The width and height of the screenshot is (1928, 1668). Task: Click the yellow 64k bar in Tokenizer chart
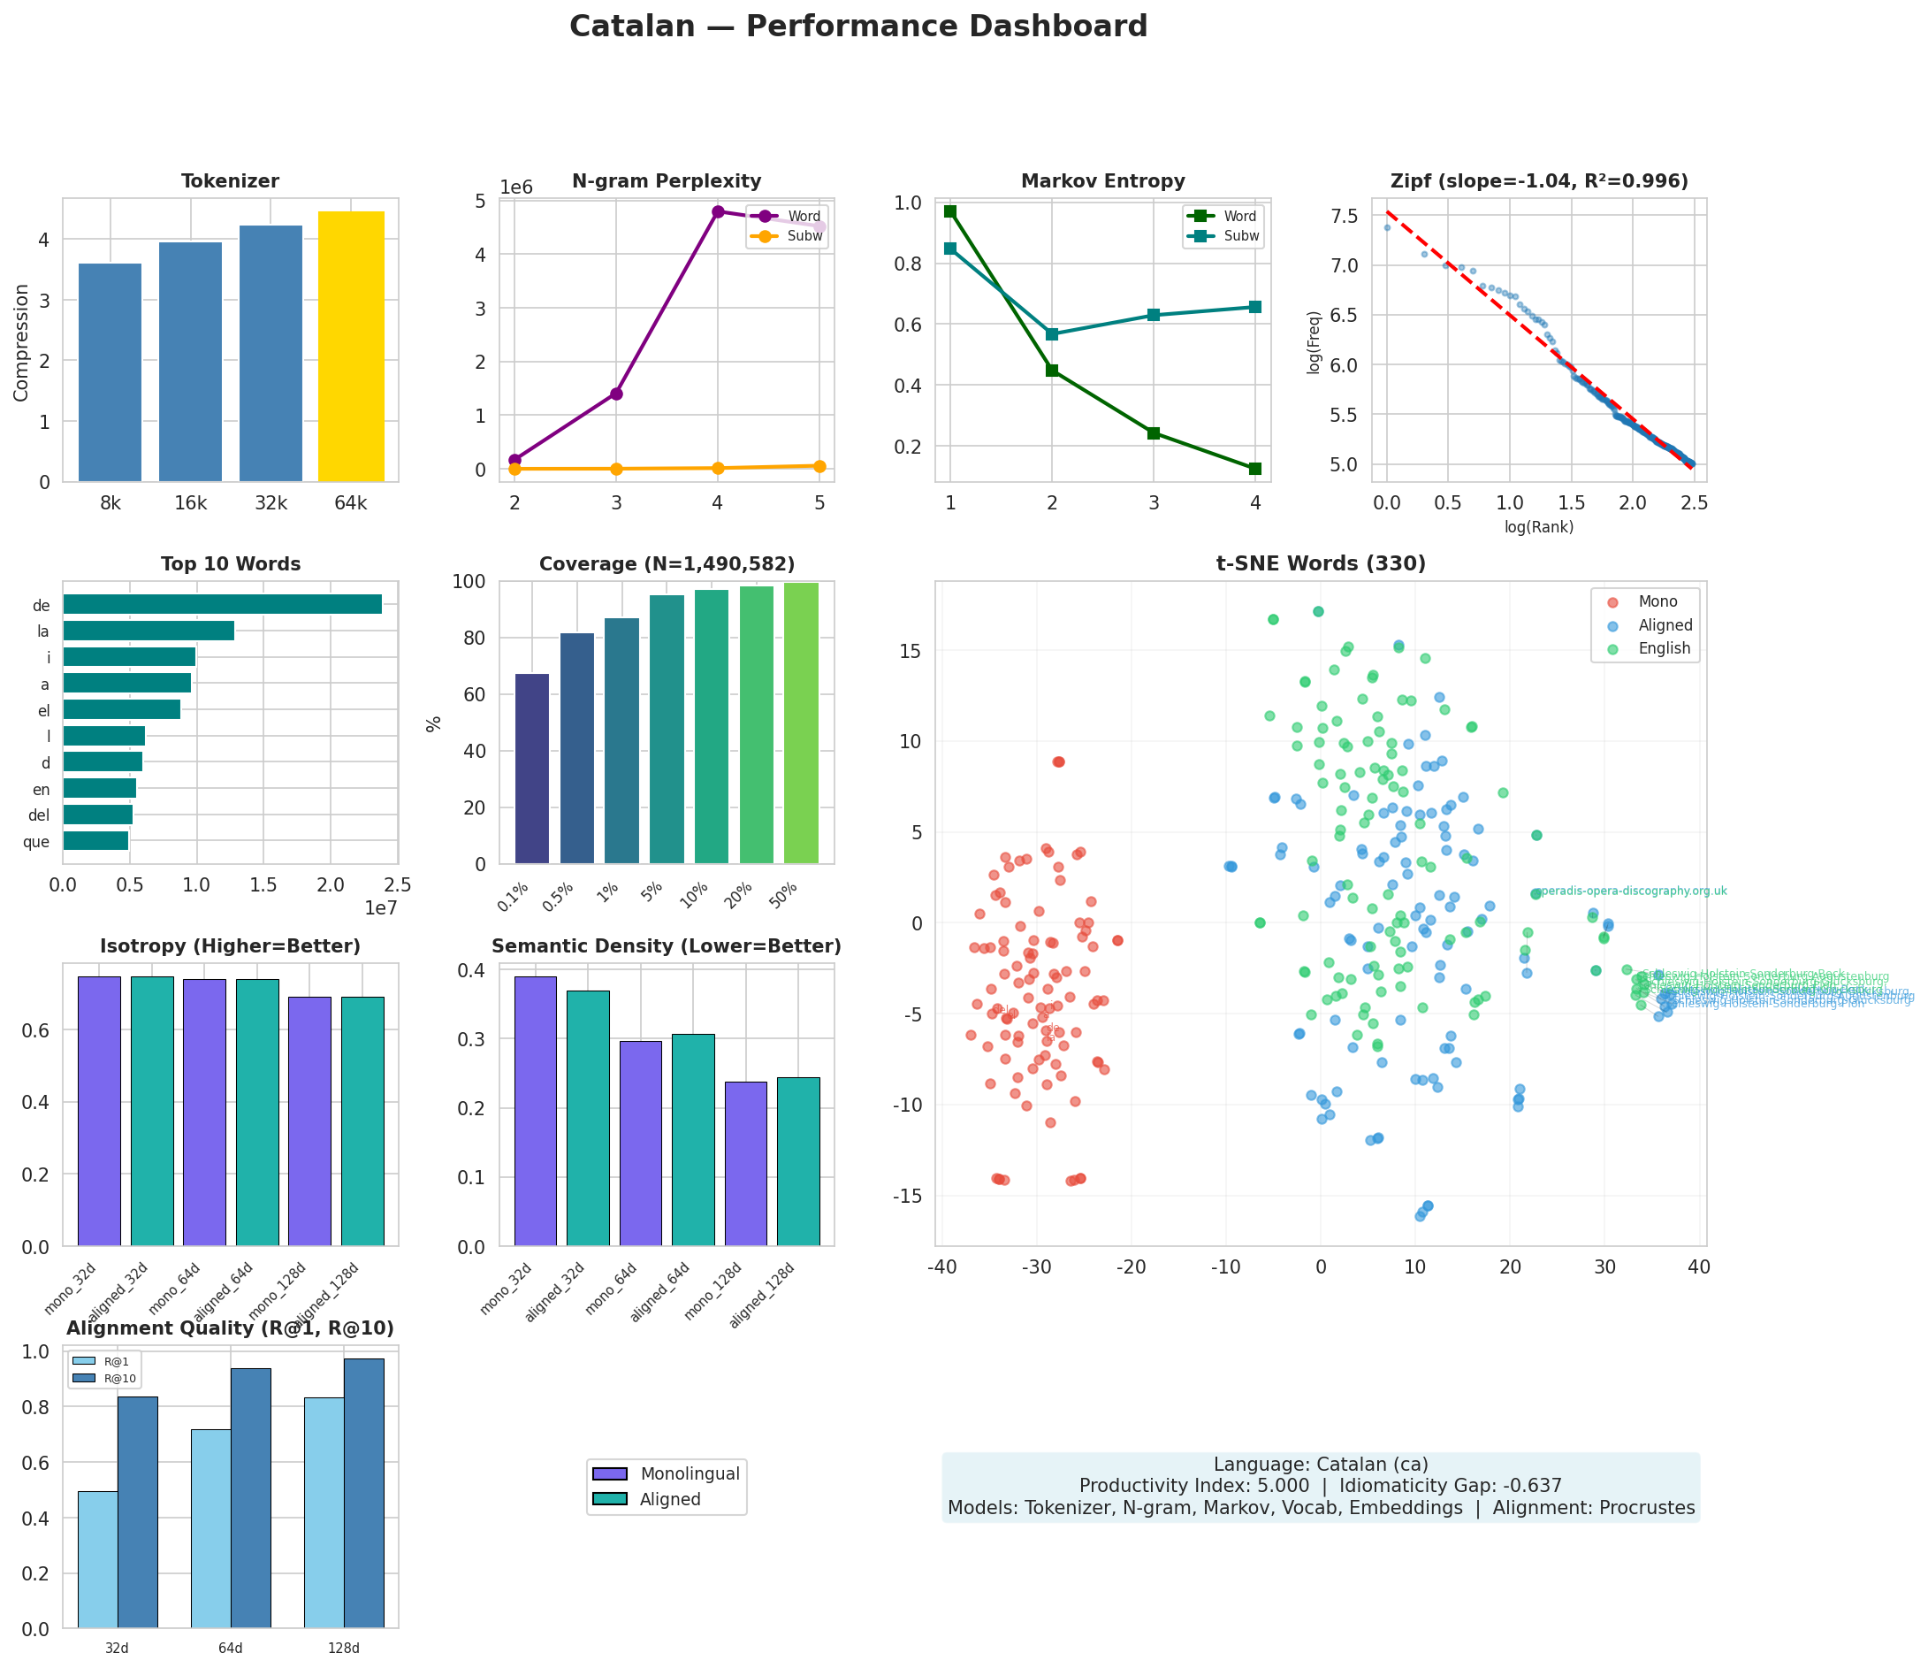(x=351, y=347)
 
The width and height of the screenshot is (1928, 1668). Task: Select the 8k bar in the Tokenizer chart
(x=110, y=372)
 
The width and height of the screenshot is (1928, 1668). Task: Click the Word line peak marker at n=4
(x=718, y=211)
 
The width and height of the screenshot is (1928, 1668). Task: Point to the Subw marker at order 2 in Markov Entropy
(x=1051, y=334)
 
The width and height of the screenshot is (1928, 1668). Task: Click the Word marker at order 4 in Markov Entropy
(x=1254, y=469)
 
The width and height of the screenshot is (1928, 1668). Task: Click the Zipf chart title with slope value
(x=1538, y=181)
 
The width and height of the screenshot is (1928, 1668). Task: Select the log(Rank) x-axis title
(x=1538, y=528)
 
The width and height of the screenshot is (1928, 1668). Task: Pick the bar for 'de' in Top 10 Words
(x=223, y=604)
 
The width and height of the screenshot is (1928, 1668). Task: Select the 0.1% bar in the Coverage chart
(x=531, y=769)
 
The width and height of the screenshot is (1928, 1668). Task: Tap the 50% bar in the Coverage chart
(x=800, y=723)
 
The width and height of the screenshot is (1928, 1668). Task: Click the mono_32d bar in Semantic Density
(x=535, y=1112)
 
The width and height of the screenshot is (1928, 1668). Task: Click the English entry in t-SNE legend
(x=1664, y=649)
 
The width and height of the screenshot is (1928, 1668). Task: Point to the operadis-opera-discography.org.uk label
(x=1629, y=891)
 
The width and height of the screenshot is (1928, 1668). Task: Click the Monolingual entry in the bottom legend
(x=690, y=1474)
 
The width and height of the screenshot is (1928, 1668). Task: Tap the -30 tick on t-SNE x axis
(x=1037, y=1266)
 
